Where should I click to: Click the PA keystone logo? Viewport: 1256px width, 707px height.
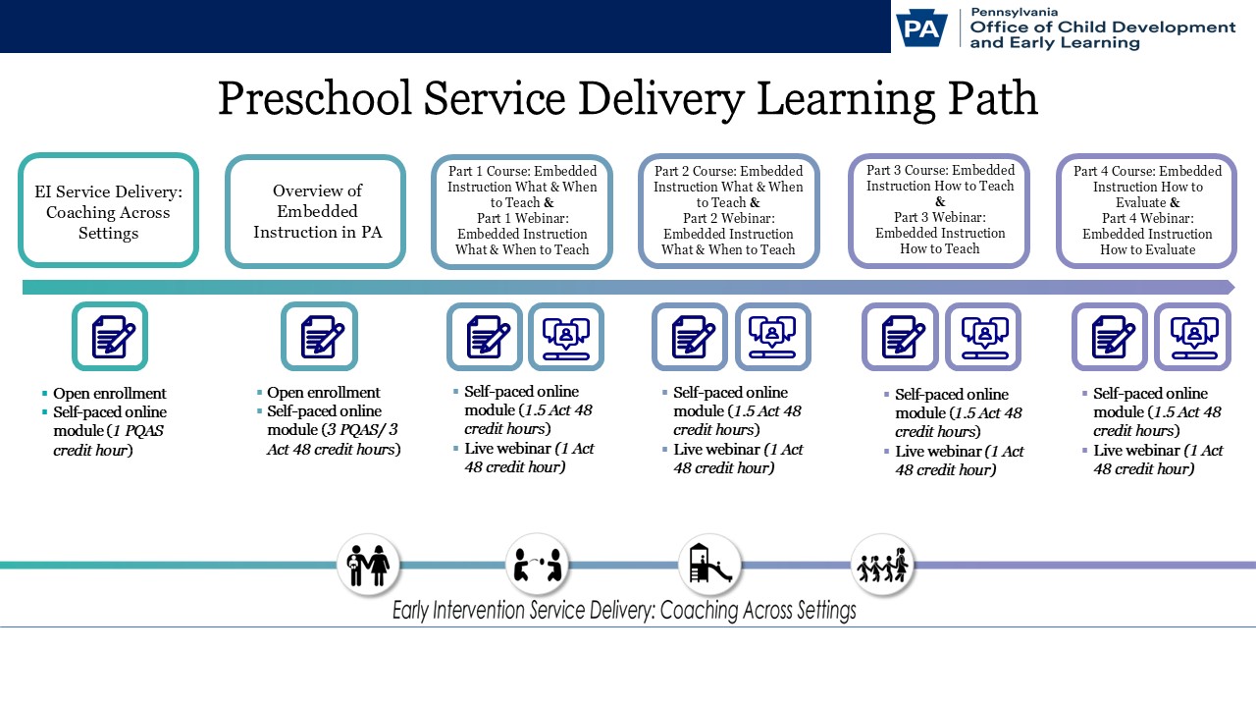pyautogui.click(x=919, y=27)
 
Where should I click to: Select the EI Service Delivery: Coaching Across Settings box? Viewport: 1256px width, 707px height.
pyautogui.click(x=109, y=211)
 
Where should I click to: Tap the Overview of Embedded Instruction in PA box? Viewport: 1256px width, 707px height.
pyautogui.click(x=316, y=211)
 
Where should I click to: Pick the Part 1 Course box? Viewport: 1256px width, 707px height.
pyautogui.click(x=522, y=211)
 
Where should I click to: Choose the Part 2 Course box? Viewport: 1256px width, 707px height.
pyautogui.click(x=728, y=211)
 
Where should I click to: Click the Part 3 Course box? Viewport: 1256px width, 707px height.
pyautogui.click(x=940, y=210)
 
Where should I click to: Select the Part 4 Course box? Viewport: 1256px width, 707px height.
pyautogui.click(x=1147, y=211)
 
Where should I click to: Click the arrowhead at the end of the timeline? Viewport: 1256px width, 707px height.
pyautogui.click(x=1228, y=287)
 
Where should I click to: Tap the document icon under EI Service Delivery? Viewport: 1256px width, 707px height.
pyautogui.click(x=110, y=337)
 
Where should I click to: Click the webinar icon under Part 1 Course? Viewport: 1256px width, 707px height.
pyautogui.click(x=566, y=337)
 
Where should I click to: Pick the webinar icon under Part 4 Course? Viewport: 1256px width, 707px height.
pyautogui.click(x=1193, y=337)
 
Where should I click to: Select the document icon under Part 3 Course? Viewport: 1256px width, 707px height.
pyautogui.click(x=900, y=337)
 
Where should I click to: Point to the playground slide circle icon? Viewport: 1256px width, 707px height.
pyautogui.click(x=709, y=565)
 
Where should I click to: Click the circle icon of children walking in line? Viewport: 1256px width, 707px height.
pyautogui.click(x=882, y=565)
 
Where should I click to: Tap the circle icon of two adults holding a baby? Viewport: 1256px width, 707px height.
pyautogui.click(x=368, y=565)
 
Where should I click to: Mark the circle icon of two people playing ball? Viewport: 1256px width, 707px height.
pyautogui.click(x=538, y=565)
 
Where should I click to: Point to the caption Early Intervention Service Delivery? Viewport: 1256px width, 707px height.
pyautogui.click(x=624, y=611)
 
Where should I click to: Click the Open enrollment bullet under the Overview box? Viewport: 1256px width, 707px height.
pyautogui.click(x=323, y=393)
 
